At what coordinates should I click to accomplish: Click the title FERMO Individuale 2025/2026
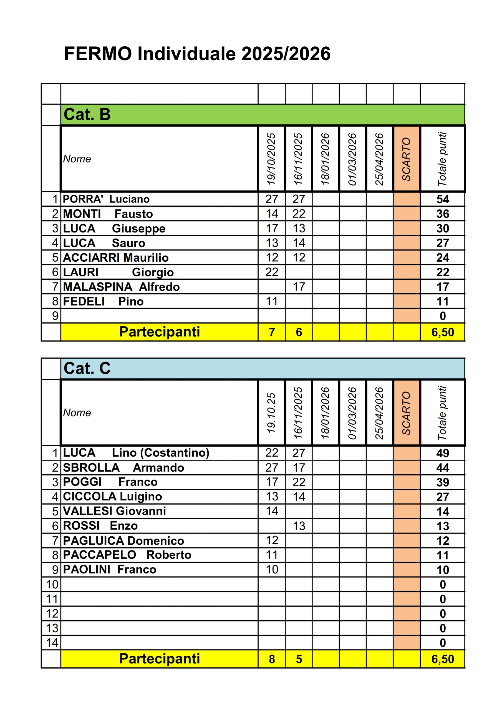point(197,54)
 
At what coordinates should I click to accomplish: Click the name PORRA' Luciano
point(106,199)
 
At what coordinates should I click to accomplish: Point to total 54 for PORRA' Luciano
point(442,199)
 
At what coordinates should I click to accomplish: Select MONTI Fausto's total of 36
point(442,214)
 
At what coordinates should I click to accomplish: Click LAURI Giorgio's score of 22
point(271,272)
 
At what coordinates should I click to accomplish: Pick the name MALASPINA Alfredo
point(121,287)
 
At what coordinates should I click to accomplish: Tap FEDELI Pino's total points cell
point(442,301)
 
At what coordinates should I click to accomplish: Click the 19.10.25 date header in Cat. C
point(271,412)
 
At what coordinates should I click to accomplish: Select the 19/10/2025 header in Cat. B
point(271,159)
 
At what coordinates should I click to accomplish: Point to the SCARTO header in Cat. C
point(406,413)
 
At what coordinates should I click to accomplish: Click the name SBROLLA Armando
point(123,468)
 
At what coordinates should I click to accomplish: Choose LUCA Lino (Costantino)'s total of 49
point(442,453)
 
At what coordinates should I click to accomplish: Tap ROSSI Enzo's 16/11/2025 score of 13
point(299,526)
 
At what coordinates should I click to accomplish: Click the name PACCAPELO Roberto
point(127,555)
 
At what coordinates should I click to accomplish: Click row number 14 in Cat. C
point(52,643)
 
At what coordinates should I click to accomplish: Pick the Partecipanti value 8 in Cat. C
point(271,659)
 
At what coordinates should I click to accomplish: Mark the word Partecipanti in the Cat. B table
point(159,332)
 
